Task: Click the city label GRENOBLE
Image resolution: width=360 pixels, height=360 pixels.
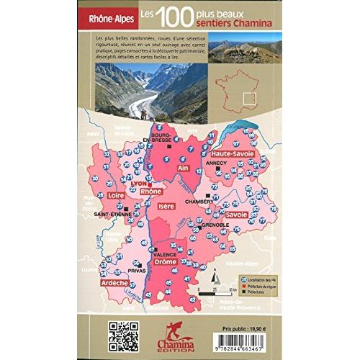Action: click(x=215, y=225)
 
